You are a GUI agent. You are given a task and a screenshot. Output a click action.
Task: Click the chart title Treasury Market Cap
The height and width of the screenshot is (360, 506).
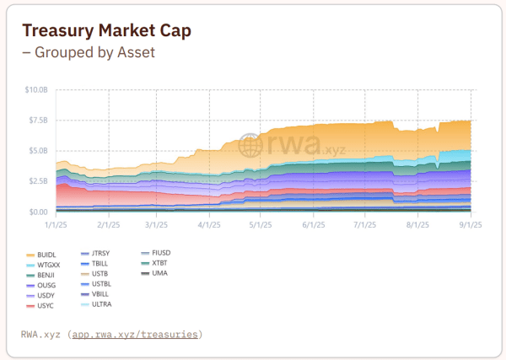tap(106, 30)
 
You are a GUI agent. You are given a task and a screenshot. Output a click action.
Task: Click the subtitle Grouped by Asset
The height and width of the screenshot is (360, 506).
tap(89, 52)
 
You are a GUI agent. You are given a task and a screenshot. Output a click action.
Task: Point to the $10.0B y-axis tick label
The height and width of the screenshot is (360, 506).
tap(36, 89)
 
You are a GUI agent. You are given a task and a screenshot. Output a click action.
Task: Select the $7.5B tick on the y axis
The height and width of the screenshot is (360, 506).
tap(38, 121)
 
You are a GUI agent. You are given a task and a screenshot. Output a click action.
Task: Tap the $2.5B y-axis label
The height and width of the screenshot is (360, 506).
tap(38, 181)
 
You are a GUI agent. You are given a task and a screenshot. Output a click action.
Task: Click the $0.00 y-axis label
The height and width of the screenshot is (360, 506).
tap(38, 212)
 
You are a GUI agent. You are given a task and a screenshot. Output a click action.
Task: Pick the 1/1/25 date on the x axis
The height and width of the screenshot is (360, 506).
tap(56, 225)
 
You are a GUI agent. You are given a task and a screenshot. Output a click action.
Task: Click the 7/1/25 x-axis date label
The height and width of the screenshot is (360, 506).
tap(365, 225)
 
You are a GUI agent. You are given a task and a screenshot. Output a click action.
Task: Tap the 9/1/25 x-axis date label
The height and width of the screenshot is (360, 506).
tap(469, 225)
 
